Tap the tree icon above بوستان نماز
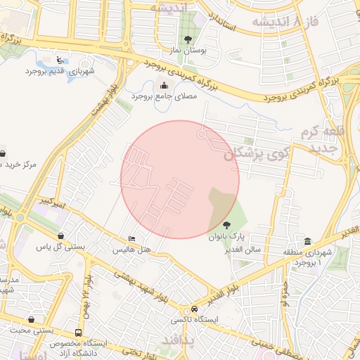[187, 40]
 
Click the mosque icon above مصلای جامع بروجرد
[165, 86]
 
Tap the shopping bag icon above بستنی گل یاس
[61, 236]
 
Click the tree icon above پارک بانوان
[225, 224]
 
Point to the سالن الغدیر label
[243, 250]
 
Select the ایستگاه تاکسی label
[193, 320]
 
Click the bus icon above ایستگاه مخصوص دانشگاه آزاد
[77, 332]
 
